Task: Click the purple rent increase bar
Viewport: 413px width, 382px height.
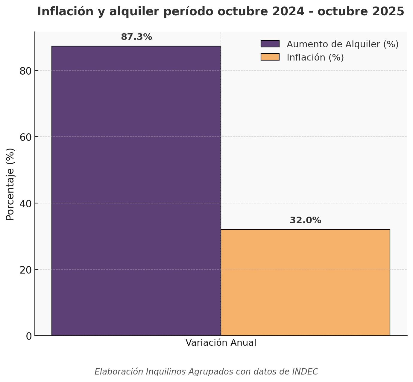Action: click(136, 191)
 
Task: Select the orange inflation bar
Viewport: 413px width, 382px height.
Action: click(305, 283)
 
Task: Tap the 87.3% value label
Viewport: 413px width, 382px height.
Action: click(136, 37)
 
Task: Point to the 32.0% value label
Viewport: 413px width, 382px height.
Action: click(305, 221)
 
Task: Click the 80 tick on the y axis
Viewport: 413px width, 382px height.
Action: click(25, 71)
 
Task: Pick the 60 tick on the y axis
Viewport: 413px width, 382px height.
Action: click(25, 137)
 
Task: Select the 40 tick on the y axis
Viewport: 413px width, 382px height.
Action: click(25, 204)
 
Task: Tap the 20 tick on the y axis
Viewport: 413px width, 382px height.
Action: click(25, 270)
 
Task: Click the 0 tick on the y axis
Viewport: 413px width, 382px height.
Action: click(29, 336)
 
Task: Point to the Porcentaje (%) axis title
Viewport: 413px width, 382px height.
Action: click(10, 184)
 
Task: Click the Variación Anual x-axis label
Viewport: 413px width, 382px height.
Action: click(221, 343)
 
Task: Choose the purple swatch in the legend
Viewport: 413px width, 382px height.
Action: click(270, 44)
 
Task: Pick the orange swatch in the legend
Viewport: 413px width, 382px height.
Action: click(270, 57)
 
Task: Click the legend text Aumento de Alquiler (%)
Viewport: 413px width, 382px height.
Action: click(342, 44)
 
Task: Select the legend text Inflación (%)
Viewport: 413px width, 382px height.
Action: click(315, 57)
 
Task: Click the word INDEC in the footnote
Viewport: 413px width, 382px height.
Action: click(305, 372)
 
